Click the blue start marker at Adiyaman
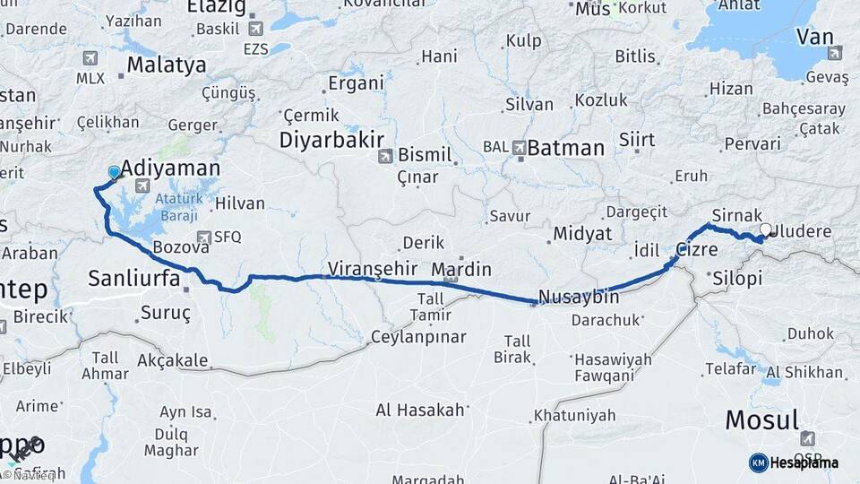[114, 172]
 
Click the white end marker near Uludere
[766, 229]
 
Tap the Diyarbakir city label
[331, 140]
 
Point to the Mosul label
[761, 419]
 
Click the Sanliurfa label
[134, 280]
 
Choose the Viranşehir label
[374, 268]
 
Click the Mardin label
[461, 269]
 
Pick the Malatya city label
[167, 65]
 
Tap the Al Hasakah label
[420, 411]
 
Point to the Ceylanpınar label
[419, 337]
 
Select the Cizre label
[697, 250]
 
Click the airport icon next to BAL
[520, 146]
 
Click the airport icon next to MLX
[90, 58]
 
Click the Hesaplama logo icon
[758, 462]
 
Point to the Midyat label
[582, 234]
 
